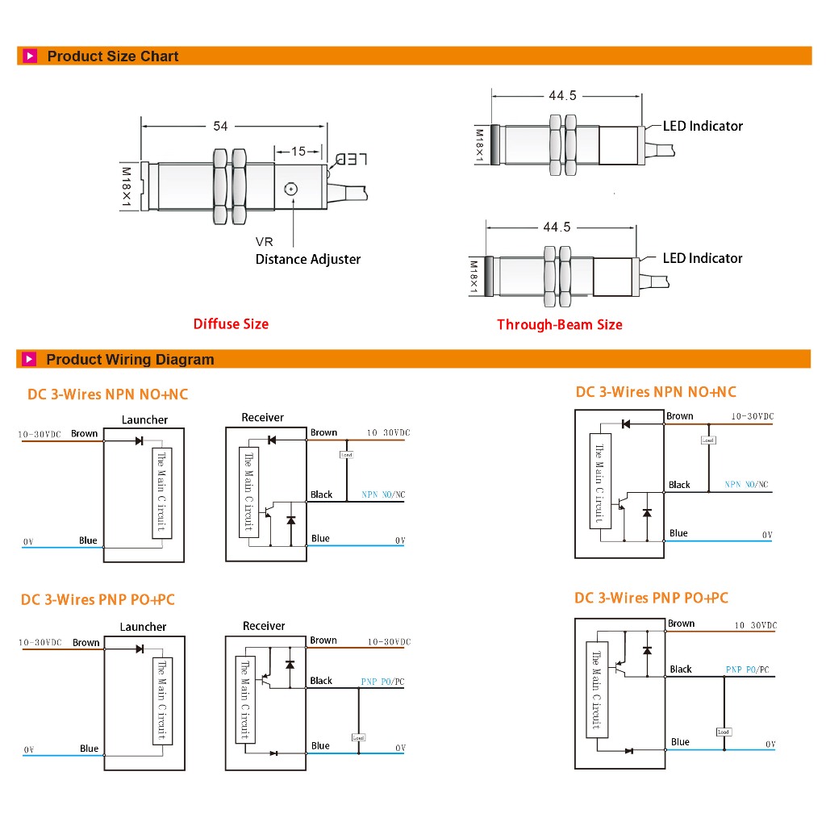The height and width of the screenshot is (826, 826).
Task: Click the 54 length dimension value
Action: tap(220, 126)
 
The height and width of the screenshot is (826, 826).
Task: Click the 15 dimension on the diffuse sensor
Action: tap(298, 151)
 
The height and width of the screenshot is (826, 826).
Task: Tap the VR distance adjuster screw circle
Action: tap(291, 189)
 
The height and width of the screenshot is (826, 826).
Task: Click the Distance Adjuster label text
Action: tap(307, 259)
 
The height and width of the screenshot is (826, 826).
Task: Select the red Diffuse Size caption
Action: tap(231, 323)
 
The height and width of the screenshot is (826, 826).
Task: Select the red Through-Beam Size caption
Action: tap(559, 324)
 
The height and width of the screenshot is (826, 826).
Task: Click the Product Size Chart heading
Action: tap(113, 56)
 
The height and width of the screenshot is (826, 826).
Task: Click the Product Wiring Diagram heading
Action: tap(130, 360)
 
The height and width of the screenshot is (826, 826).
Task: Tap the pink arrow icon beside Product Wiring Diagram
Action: tap(30, 360)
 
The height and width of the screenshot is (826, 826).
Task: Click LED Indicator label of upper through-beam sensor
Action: tap(703, 126)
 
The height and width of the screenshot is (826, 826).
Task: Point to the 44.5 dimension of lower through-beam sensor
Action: tap(556, 227)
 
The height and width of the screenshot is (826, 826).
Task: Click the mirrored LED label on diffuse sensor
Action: tap(351, 158)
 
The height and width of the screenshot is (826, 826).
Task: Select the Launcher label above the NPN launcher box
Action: tap(144, 419)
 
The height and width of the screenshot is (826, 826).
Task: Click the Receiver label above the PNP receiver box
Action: tap(264, 626)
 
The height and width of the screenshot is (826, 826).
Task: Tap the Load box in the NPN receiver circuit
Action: tap(346, 455)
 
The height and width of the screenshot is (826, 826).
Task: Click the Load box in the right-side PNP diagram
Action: tap(724, 732)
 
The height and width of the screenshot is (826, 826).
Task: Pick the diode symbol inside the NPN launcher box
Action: tap(139, 440)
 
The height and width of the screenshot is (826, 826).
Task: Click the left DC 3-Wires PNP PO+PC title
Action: tap(98, 599)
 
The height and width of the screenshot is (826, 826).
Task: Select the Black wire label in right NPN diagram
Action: tap(679, 485)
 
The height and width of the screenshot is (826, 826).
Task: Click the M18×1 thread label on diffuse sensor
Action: tap(126, 187)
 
